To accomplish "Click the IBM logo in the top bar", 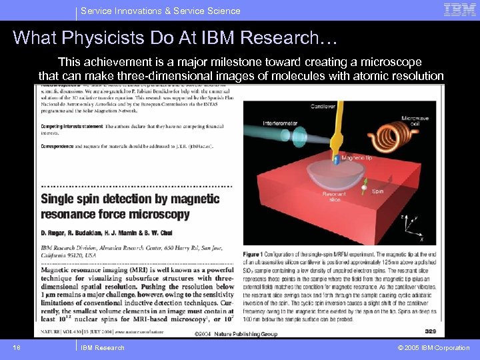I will tap(460, 10).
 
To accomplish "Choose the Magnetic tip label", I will tap(356, 158).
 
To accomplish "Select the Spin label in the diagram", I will tap(378, 191).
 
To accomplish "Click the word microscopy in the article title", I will tap(158, 214).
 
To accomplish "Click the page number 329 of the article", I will tap(429, 331).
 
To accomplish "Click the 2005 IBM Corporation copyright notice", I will tap(433, 347).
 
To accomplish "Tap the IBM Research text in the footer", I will tap(102, 347).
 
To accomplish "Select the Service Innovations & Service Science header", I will tap(160, 11).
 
